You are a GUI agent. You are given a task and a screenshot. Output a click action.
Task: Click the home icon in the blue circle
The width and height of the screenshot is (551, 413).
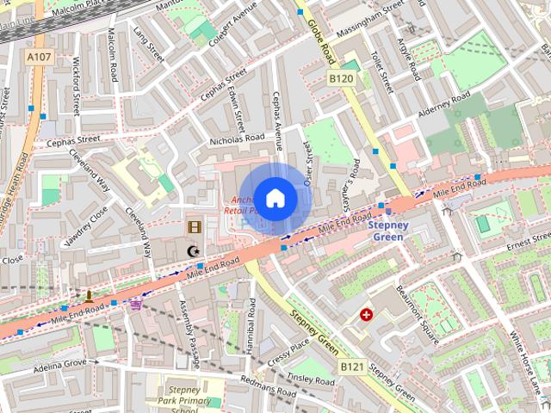coord(275,198)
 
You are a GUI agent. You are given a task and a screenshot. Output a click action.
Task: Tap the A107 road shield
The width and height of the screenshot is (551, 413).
coord(39,57)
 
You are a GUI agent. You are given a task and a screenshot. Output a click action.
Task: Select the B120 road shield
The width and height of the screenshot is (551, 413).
coord(341,78)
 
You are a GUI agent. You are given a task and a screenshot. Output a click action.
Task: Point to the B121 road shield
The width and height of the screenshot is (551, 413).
coord(351,367)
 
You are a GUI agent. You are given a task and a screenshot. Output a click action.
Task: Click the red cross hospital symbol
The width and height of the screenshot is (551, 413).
coord(368,316)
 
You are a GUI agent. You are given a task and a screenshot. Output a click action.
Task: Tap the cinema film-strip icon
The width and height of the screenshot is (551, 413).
coord(195,227)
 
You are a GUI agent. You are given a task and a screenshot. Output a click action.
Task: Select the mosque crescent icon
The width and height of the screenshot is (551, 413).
coord(193,251)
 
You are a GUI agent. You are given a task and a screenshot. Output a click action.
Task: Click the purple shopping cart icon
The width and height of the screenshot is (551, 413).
coord(135,303)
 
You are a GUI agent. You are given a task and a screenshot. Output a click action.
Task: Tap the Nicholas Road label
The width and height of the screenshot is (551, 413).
coord(237,139)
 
